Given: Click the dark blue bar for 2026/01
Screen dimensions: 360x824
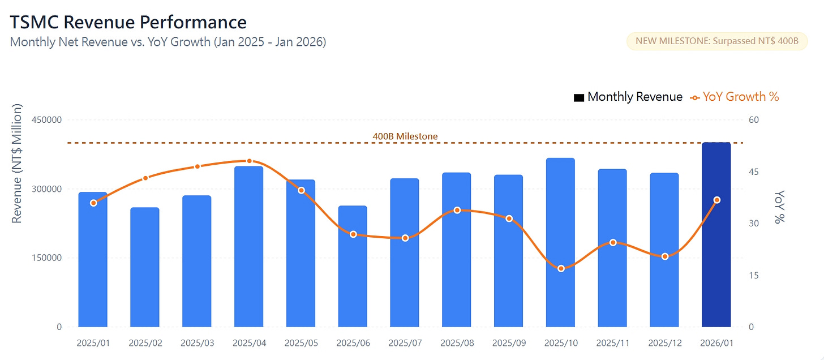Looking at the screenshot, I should [x=716, y=235].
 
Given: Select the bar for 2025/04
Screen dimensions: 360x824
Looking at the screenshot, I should [x=248, y=247].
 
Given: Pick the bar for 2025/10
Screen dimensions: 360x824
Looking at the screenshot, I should [x=560, y=242].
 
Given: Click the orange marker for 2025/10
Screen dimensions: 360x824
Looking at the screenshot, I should [x=561, y=268].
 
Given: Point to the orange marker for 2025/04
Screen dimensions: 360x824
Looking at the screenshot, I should [x=250, y=161].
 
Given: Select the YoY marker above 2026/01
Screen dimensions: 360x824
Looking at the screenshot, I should [x=717, y=200].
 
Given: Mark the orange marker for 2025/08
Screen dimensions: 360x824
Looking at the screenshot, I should [x=457, y=210].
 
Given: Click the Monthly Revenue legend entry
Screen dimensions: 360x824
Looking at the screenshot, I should [x=628, y=97].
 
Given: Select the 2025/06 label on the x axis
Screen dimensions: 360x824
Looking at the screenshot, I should [x=353, y=343].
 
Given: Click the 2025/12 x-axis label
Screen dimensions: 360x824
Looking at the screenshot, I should [x=664, y=343].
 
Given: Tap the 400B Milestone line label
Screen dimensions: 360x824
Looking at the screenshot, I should [x=405, y=136].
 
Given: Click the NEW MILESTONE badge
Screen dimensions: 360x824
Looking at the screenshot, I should [x=717, y=41].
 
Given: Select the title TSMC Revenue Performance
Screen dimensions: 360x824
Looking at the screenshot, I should [x=128, y=22].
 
